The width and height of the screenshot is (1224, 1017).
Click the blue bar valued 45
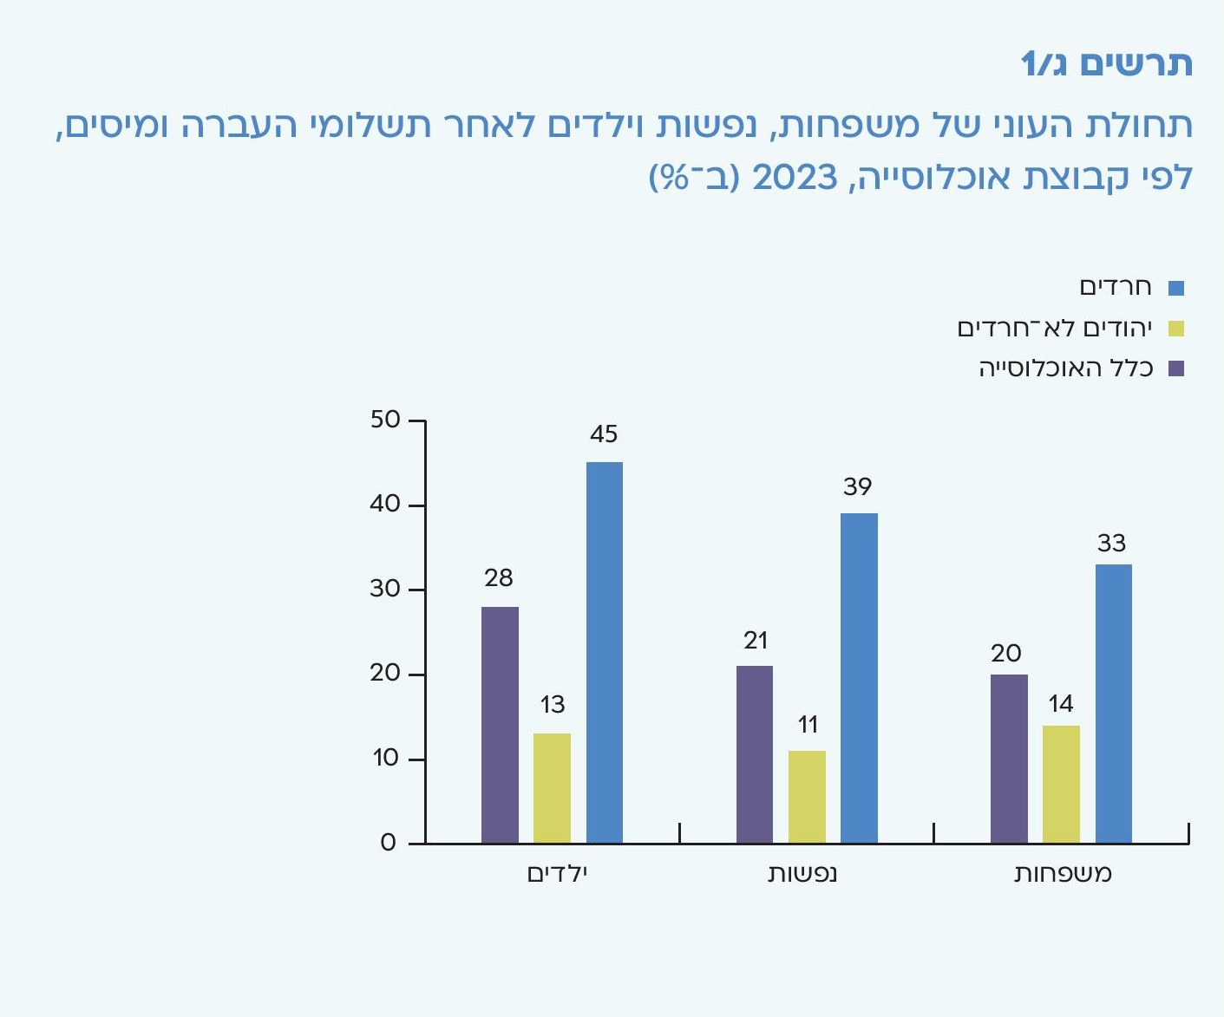(605, 652)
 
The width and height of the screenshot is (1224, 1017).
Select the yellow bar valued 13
(552, 788)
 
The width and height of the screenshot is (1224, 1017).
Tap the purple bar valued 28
(500, 725)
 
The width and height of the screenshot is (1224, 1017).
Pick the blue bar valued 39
(859, 678)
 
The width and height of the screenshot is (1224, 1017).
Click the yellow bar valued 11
(807, 797)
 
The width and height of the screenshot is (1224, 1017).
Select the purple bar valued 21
(755, 754)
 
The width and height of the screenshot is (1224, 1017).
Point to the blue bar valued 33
(1113, 703)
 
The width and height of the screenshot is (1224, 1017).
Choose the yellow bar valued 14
(1061, 784)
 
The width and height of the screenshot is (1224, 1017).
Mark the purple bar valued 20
(1009, 759)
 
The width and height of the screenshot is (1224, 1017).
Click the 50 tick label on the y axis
(385, 420)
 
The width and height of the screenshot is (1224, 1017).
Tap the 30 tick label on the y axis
(385, 590)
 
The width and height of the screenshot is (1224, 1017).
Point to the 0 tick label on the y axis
(388, 844)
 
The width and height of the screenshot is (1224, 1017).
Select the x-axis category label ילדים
(558, 873)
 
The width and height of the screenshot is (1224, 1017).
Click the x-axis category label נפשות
(802, 873)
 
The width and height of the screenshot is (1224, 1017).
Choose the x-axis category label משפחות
(1063, 873)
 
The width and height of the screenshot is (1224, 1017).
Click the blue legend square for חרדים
(1176, 289)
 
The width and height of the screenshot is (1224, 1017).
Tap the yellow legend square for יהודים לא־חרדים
(1176, 329)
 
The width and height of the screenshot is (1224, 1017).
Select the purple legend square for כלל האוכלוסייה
(1176, 368)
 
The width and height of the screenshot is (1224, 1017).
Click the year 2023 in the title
(794, 177)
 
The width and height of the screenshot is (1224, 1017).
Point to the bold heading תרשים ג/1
(1106, 63)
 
